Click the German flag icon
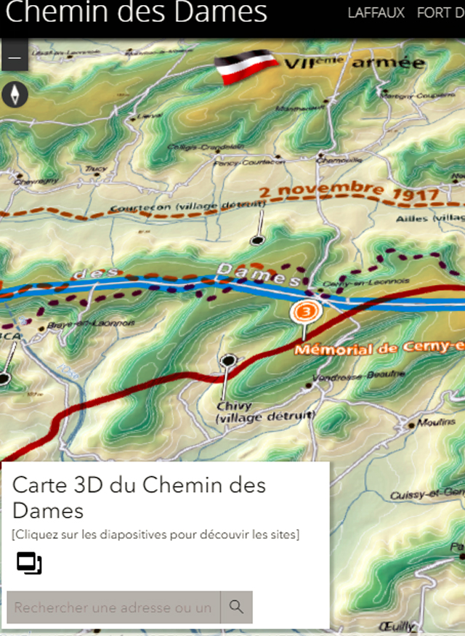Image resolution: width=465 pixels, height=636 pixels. [x=247, y=66]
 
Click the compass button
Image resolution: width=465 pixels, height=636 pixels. [x=15, y=93]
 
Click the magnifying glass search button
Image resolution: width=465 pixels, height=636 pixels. [x=236, y=607]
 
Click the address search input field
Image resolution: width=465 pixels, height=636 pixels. [x=113, y=607]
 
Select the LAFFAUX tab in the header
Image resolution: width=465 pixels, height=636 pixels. [x=376, y=13]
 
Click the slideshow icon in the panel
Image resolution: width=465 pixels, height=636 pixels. [x=29, y=563]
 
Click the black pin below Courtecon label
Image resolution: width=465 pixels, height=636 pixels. [x=256, y=239]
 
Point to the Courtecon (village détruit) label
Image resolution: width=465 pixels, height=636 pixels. [x=187, y=208]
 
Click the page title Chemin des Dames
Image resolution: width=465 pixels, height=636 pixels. [x=136, y=13]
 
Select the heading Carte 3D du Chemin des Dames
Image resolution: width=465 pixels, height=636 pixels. [x=139, y=497]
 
